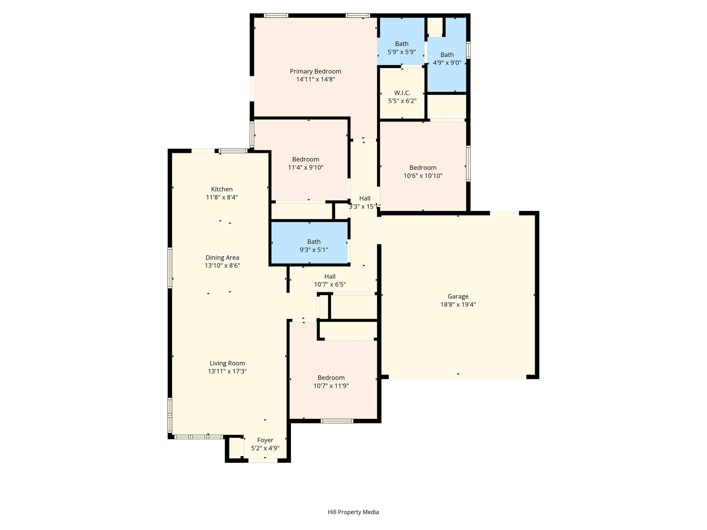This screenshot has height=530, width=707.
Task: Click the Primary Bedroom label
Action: (x=316, y=71)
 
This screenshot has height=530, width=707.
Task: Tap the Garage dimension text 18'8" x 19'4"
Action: (x=458, y=305)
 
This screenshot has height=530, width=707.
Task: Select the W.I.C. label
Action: (x=402, y=93)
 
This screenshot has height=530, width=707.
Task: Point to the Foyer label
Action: (x=265, y=440)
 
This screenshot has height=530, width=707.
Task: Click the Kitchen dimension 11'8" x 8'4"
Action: (x=222, y=197)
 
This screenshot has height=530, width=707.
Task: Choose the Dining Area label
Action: (x=222, y=258)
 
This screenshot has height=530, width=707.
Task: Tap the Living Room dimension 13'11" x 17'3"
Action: (x=227, y=372)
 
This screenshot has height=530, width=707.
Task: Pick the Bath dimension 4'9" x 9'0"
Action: (x=447, y=63)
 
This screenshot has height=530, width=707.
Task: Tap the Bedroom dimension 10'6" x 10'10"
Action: (x=423, y=176)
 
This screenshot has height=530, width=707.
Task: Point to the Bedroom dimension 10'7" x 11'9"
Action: (x=331, y=386)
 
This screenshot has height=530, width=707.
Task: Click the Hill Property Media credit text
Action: (x=353, y=512)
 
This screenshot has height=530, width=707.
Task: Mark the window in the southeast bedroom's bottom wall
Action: (x=337, y=421)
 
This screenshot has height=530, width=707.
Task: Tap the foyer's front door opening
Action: (x=263, y=460)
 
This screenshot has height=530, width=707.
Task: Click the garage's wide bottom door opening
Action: (x=457, y=377)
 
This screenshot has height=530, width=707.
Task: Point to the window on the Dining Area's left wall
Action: (x=170, y=268)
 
